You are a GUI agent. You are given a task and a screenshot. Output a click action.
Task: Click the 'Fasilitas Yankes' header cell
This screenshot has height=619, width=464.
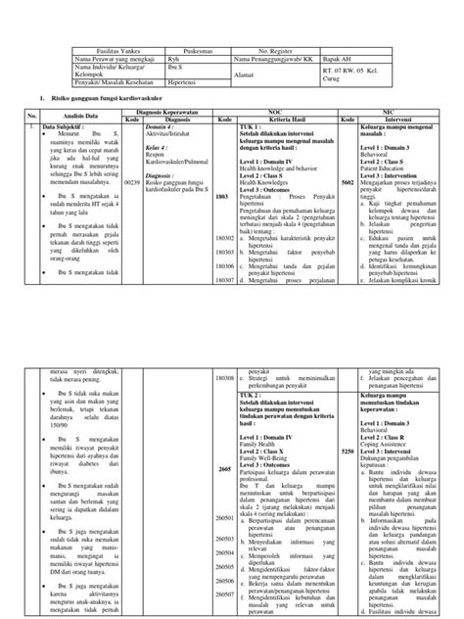[116, 46]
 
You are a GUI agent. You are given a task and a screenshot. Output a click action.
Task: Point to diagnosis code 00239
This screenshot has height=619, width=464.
[131, 182]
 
